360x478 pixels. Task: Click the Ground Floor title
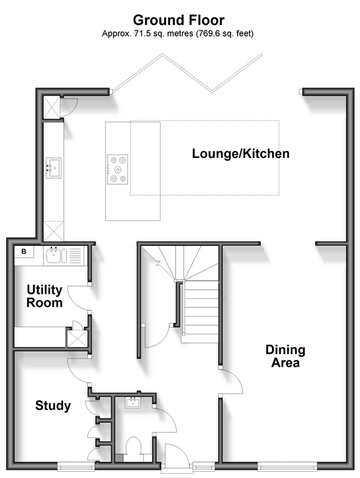179,20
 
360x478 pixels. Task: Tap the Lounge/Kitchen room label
241,153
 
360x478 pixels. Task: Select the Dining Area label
285,356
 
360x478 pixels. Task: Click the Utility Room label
44,296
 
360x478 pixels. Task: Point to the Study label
53,406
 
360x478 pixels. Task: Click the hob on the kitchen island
118,170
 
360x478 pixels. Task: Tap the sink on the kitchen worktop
53,168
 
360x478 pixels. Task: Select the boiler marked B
24,251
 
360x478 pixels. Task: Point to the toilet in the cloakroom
134,449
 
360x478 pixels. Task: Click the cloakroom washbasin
132,402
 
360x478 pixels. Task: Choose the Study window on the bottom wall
76,466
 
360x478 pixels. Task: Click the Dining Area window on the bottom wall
287,466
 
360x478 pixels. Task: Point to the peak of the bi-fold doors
162,54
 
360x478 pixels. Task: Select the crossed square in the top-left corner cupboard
52,107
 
